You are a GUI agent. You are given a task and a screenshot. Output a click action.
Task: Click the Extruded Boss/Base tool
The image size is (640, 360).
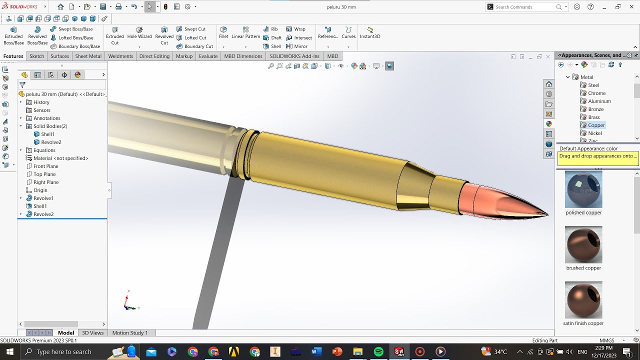(x=13, y=35)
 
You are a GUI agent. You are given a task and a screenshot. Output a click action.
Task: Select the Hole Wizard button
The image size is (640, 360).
(x=139, y=32)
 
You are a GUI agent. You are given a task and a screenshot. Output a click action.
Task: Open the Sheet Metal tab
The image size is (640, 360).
(x=88, y=56)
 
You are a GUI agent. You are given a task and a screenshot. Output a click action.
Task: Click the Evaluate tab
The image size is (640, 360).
(x=208, y=56)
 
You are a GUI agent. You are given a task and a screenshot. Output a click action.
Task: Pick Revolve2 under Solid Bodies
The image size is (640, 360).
(x=51, y=142)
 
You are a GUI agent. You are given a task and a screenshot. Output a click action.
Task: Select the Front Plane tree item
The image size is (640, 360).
(x=45, y=166)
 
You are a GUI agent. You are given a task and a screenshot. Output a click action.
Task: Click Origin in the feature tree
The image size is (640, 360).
(x=40, y=190)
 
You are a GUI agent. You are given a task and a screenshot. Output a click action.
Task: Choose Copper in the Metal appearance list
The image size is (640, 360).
(x=596, y=125)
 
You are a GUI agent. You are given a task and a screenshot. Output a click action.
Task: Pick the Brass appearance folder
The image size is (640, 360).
(x=593, y=117)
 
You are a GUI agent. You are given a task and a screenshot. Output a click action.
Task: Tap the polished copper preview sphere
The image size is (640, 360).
(x=583, y=189)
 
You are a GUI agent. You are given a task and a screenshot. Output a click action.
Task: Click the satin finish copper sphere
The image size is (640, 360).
(x=583, y=300)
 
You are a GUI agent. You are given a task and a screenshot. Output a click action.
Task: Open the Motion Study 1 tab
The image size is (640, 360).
(x=129, y=332)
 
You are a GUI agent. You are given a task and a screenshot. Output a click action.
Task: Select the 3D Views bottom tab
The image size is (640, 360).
(x=92, y=332)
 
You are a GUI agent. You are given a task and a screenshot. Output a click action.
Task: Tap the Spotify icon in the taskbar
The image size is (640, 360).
(x=378, y=351)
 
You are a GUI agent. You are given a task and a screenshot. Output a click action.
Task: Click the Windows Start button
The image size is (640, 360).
(x=9, y=351)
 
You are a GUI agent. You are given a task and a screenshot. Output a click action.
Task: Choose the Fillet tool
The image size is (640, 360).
(x=223, y=32)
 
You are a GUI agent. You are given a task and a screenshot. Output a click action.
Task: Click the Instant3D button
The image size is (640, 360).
(x=370, y=32)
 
